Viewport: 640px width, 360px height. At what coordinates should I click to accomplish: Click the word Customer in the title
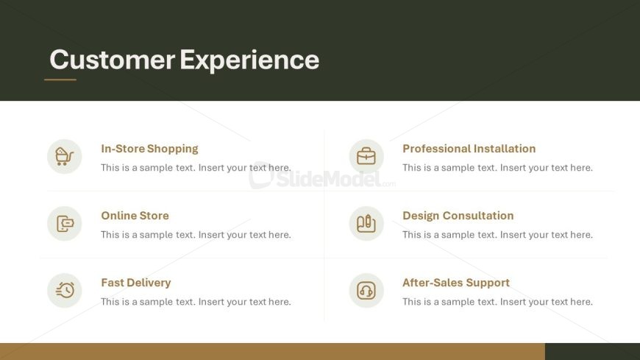click(113, 60)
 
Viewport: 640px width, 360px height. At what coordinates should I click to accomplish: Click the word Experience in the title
click(249, 60)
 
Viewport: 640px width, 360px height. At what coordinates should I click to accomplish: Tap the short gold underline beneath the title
click(60, 80)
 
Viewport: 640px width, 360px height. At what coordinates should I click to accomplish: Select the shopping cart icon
click(65, 157)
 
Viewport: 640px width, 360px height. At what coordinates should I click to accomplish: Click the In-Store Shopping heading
click(149, 149)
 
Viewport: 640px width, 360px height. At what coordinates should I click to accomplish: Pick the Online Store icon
click(65, 224)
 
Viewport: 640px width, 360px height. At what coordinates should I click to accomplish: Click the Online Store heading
click(135, 216)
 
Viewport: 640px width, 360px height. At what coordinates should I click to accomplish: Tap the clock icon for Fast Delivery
click(65, 290)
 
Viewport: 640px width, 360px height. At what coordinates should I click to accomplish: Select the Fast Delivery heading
click(136, 283)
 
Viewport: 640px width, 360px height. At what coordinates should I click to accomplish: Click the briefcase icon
click(366, 156)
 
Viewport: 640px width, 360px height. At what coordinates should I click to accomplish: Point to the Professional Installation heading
click(469, 148)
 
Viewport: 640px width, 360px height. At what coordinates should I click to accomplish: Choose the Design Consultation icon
click(366, 223)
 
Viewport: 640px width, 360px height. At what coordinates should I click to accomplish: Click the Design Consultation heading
click(458, 216)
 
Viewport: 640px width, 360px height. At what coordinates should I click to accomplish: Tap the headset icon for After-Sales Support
click(366, 291)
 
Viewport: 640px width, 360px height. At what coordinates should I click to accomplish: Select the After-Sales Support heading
click(456, 283)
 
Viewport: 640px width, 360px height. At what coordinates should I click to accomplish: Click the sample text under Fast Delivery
click(196, 302)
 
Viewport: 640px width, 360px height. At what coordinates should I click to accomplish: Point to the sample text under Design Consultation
click(497, 235)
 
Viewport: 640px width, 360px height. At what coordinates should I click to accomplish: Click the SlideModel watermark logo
click(322, 177)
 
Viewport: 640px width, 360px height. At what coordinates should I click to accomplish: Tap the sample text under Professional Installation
click(497, 168)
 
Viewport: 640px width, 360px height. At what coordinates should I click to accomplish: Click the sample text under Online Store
click(196, 235)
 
